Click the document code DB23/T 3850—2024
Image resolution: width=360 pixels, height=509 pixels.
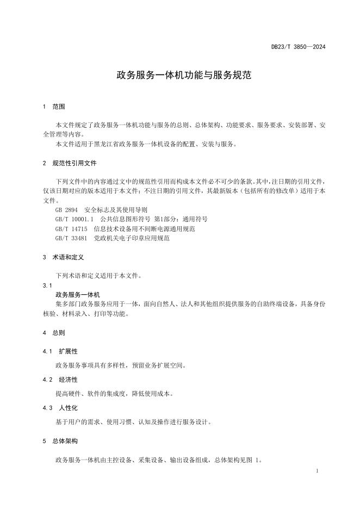(298, 47)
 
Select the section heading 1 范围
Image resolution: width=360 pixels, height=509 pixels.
(54, 107)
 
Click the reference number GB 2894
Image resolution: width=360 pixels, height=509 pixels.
(67, 210)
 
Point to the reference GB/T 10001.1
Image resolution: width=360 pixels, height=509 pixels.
(75, 219)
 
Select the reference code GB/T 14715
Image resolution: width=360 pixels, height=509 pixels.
(71, 229)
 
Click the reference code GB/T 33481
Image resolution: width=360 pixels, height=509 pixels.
(71, 238)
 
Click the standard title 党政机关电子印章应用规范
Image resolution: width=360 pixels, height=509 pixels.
(132, 238)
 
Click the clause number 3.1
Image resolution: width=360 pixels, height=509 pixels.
(47, 285)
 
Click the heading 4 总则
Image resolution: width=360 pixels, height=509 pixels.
(54, 332)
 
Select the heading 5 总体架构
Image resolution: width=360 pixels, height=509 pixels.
(60, 441)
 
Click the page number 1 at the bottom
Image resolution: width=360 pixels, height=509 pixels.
(316, 470)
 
